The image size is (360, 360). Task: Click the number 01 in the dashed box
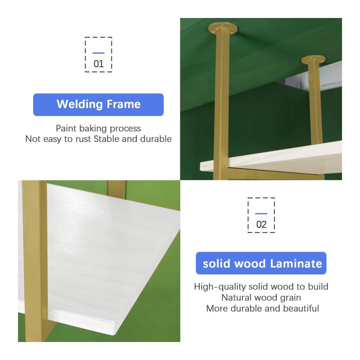click(99, 64)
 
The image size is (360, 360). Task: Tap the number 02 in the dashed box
click(261, 225)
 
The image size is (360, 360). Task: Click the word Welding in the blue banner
click(80, 104)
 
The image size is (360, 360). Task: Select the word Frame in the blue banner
click(123, 104)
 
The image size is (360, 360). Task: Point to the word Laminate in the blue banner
click(296, 264)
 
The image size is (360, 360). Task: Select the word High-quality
click(220, 287)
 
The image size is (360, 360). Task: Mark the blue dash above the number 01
click(99, 53)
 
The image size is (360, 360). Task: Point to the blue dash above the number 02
click(261, 213)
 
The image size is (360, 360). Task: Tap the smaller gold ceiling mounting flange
click(313, 60)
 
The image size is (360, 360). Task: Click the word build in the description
click(318, 287)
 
